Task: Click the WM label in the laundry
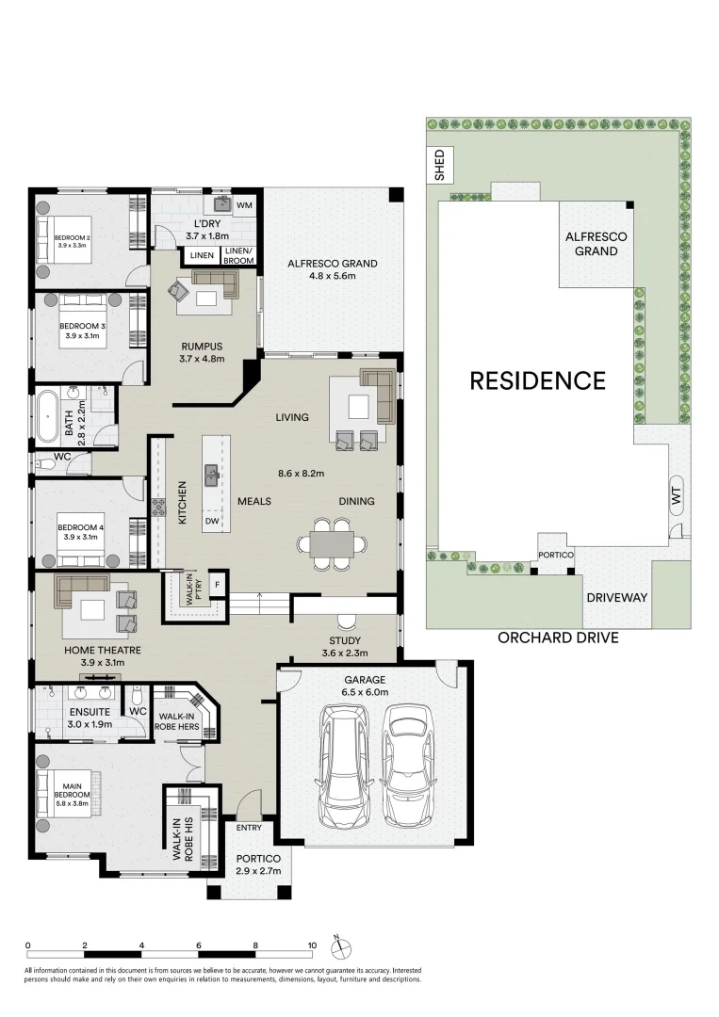(244, 204)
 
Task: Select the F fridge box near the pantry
(218, 585)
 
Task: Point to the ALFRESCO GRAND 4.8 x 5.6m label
(332, 270)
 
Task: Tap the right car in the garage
(407, 754)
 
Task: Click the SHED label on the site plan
(437, 166)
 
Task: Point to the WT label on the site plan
(675, 496)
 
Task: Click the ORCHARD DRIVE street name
(558, 638)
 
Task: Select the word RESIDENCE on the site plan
(537, 380)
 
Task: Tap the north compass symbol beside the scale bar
(341, 945)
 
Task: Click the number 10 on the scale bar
(312, 944)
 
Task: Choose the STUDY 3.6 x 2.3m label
(343, 646)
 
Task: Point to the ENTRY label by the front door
(250, 828)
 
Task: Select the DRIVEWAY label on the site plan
(616, 598)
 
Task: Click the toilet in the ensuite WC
(138, 697)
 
